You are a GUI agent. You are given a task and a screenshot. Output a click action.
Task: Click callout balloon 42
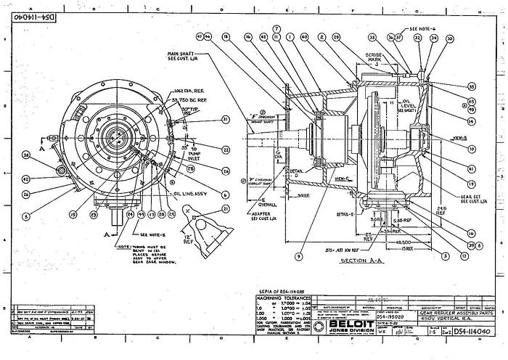(x=25, y=177)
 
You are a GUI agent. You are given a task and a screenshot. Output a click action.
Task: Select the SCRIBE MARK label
(x=376, y=56)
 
